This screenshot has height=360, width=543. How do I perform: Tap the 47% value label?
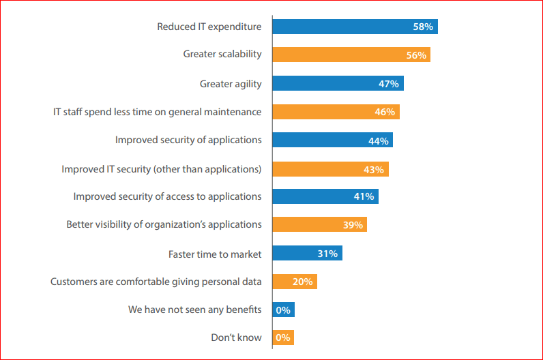[388, 84]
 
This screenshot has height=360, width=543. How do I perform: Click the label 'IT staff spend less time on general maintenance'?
[158, 111]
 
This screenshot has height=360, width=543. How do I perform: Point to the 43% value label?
[373, 169]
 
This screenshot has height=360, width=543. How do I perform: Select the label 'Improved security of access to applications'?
[167, 196]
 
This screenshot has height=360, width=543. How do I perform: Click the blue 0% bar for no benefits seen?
[283, 310]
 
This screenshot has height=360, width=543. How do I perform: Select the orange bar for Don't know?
[283, 337]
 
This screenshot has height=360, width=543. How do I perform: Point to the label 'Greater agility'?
[231, 84]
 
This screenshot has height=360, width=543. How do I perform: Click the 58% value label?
[423, 27]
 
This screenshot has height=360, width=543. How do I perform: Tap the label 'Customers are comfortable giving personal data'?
[156, 282]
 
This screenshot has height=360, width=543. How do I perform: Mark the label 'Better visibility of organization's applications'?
[164, 224]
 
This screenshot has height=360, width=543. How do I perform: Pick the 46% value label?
[385, 112]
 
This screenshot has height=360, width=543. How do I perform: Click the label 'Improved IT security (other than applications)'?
[162, 169]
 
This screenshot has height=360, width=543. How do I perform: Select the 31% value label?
[327, 254]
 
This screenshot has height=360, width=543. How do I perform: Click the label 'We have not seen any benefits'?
[195, 310]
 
